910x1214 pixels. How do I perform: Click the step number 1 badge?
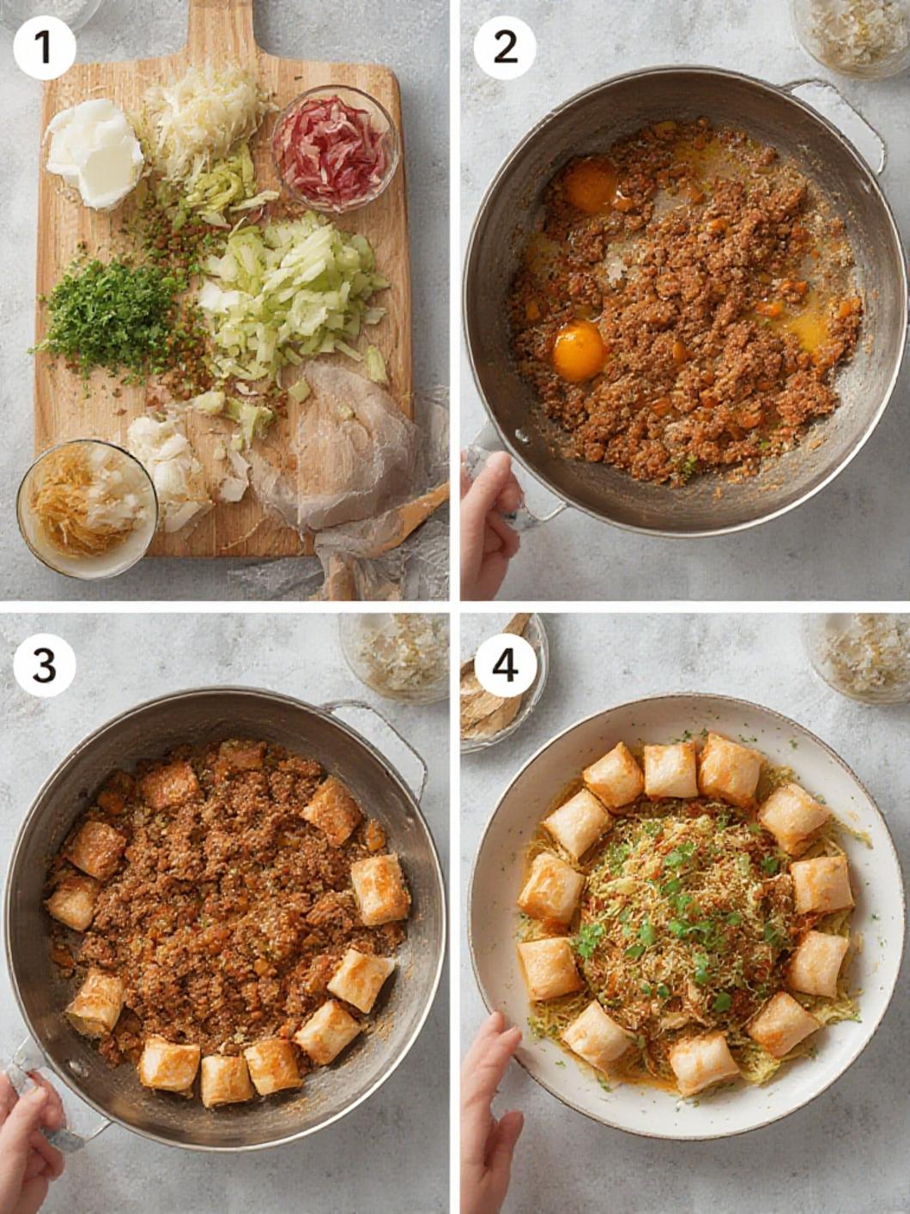pyautogui.click(x=45, y=48)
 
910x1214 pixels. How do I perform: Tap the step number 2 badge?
pyautogui.click(x=505, y=48)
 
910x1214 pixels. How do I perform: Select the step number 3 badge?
pyautogui.click(x=45, y=665)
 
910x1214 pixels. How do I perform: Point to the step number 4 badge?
pyautogui.click(x=505, y=665)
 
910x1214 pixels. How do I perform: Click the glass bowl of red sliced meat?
pyautogui.click(x=335, y=149)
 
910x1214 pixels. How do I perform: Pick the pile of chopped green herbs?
pyautogui.click(x=113, y=315)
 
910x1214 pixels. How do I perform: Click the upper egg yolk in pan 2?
pyautogui.click(x=591, y=185)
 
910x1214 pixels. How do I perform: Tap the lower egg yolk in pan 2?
pyautogui.click(x=579, y=351)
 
